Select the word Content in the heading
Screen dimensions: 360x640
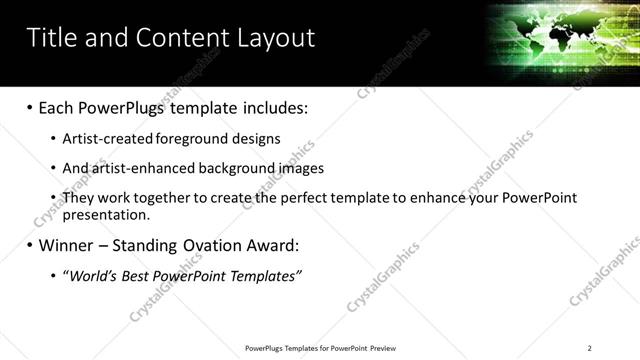click(175, 38)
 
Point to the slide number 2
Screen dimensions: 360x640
click(589, 347)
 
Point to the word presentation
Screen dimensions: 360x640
click(105, 214)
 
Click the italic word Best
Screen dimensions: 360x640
click(136, 275)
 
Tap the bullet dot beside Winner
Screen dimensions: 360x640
click(30, 245)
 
